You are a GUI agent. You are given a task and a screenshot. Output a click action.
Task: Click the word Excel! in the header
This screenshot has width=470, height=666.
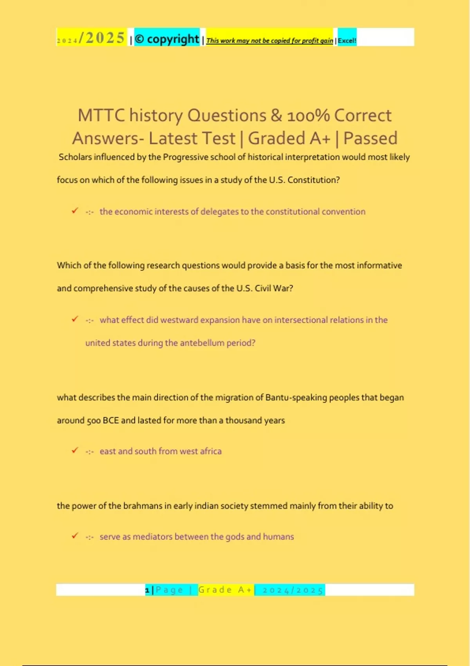tap(347, 40)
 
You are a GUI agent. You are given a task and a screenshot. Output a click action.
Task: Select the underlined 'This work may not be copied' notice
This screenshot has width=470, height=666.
tap(269, 40)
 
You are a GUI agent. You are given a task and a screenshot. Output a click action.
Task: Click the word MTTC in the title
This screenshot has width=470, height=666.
tap(101, 116)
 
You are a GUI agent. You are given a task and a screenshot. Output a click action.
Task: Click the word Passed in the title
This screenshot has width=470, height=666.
tap(370, 138)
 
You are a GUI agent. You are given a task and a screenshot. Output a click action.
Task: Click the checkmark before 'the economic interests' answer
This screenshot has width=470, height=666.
tap(75, 211)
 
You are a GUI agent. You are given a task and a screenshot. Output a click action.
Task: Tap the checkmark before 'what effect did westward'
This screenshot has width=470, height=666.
tap(75, 319)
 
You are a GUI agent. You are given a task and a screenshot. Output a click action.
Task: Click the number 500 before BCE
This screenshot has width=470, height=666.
tap(94, 420)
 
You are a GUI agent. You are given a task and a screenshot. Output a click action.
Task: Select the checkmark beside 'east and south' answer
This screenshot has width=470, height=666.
tap(75, 451)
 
